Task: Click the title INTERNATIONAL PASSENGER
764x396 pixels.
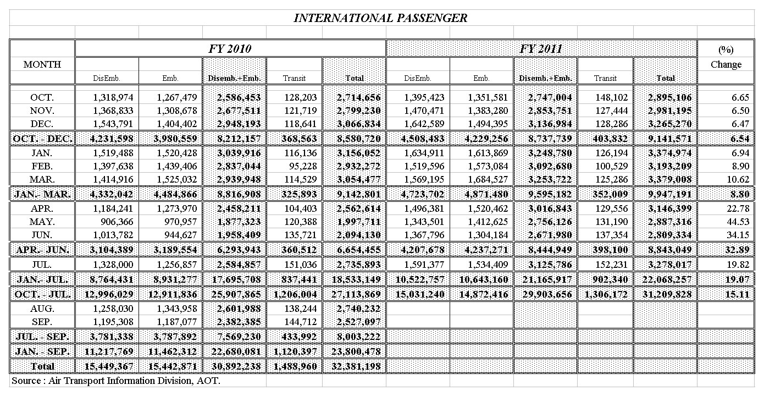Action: click(x=380, y=18)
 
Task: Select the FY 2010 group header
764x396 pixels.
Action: click(x=230, y=48)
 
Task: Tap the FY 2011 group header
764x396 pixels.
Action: click(x=541, y=48)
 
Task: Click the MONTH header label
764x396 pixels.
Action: click(x=42, y=64)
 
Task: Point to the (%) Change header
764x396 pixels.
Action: click(x=726, y=57)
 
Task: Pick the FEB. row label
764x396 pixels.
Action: click(x=42, y=166)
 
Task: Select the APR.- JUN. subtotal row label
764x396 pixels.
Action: click(x=42, y=250)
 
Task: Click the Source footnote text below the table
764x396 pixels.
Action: click(x=116, y=381)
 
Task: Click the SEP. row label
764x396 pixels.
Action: click(x=42, y=322)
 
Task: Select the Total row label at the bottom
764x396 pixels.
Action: click(x=42, y=366)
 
